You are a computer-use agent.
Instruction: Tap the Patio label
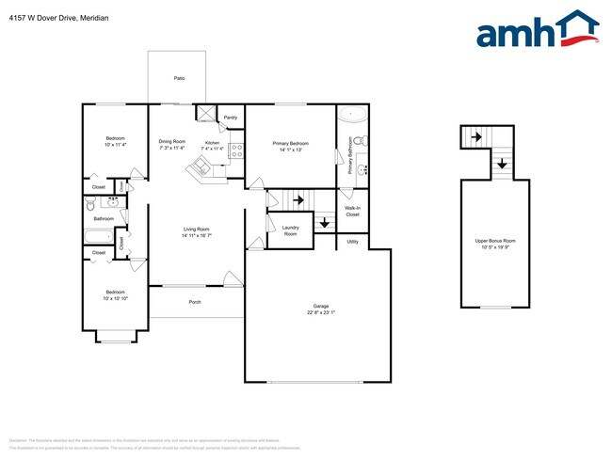179,78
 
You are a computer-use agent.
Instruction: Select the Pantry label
230,118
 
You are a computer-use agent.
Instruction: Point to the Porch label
195,302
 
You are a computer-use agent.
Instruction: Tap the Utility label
352,242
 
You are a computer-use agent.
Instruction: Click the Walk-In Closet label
352,211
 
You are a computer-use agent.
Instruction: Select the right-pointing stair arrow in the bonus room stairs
477,137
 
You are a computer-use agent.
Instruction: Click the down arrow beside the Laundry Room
324,223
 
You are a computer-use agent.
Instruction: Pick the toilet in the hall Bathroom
90,204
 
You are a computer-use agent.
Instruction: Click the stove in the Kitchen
237,148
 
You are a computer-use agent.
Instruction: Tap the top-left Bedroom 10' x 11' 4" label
115,142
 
